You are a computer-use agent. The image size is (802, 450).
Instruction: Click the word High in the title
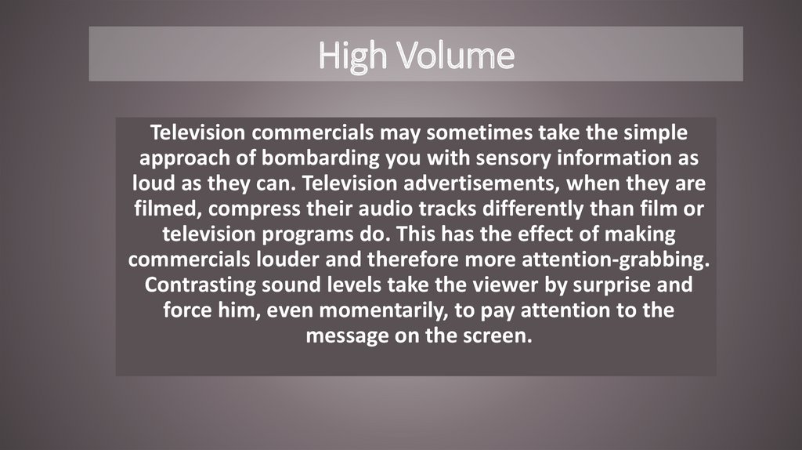352,56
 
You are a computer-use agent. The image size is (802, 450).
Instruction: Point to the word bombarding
320,158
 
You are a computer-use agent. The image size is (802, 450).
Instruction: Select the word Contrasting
200,285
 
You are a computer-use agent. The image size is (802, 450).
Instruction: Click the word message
347,336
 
